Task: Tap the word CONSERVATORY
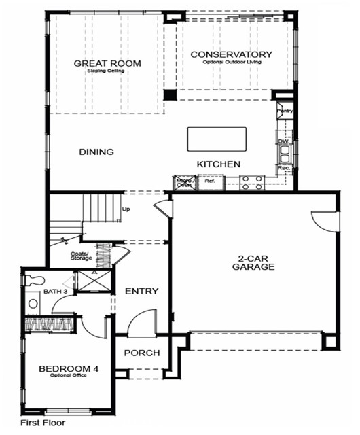(x=232, y=54)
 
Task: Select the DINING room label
(x=96, y=152)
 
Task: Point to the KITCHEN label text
(x=219, y=164)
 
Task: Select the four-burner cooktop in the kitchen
(x=253, y=181)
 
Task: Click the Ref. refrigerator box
(x=209, y=181)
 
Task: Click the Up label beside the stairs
(x=126, y=209)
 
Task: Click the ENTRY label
(x=142, y=291)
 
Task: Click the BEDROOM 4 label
(x=69, y=369)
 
